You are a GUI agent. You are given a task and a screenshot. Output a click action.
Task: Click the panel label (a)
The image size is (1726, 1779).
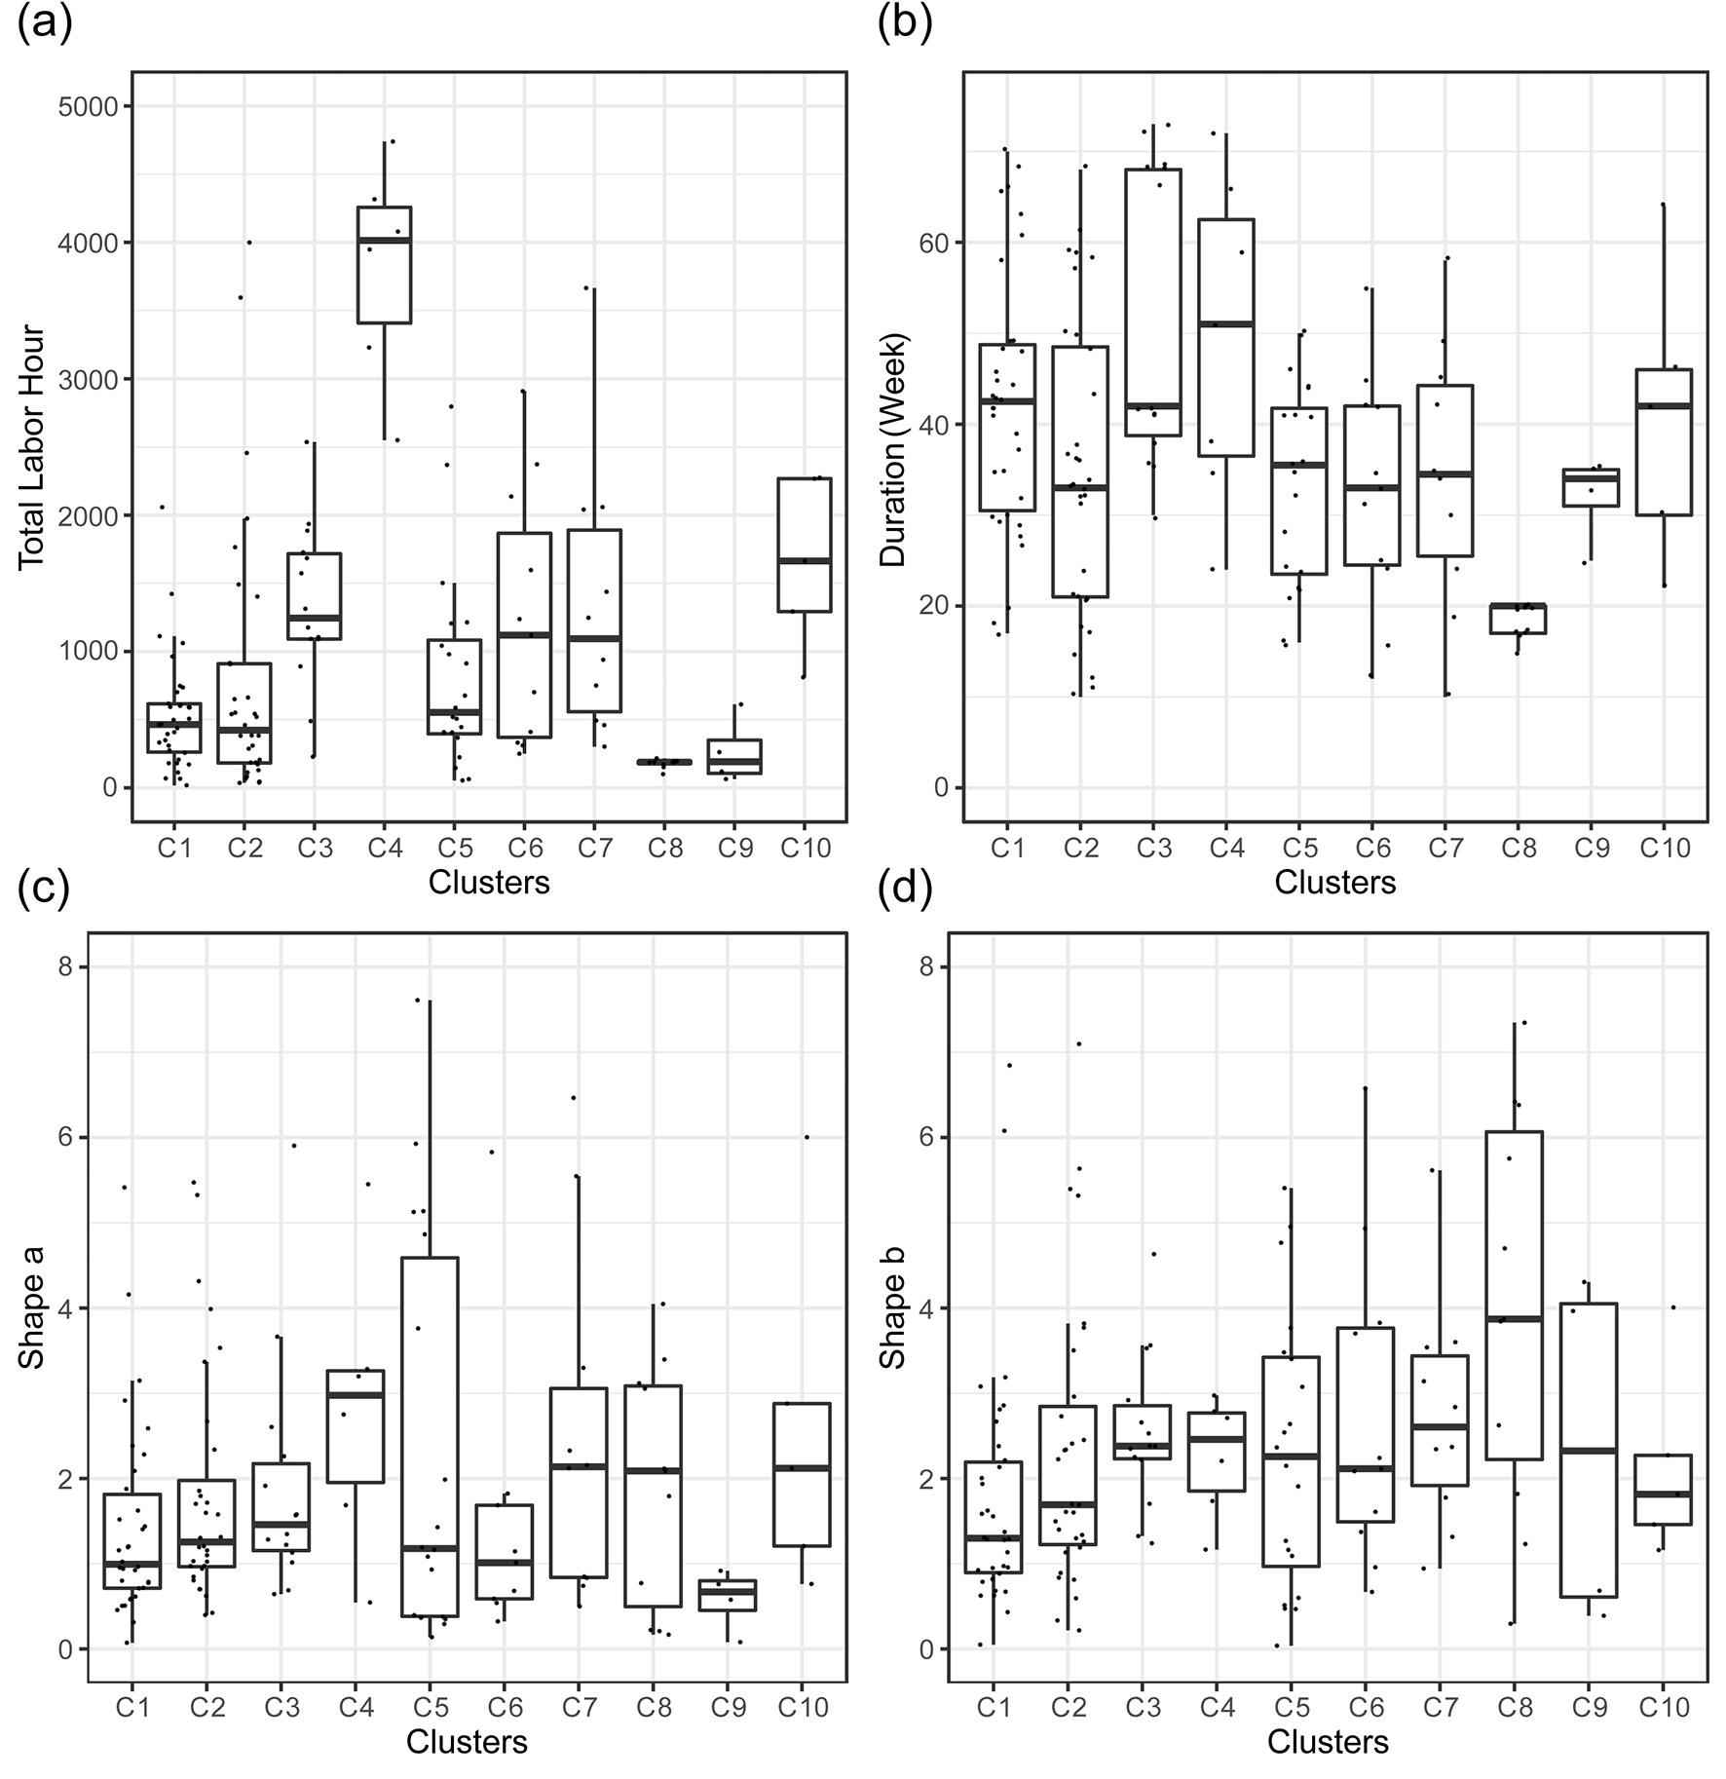[x=45, y=23]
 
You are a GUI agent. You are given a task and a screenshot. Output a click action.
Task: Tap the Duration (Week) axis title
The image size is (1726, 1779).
[x=893, y=449]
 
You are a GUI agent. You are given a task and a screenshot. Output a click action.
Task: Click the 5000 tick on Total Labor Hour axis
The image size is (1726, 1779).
[x=89, y=106]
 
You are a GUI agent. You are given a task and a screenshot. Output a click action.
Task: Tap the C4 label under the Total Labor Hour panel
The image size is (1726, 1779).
[x=385, y=848]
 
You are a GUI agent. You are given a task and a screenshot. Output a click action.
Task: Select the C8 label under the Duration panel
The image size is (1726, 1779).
[x=1519, y=848]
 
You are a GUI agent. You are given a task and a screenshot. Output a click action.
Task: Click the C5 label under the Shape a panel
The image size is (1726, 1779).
[x=431, y=1707]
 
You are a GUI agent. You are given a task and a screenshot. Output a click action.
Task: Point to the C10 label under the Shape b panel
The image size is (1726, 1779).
[x=1666, y=1707]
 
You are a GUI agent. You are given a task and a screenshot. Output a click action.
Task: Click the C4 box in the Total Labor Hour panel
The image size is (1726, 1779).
[x=385, y=265]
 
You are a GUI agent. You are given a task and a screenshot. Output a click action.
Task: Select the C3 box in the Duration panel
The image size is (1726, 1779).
[x=1153, y=302]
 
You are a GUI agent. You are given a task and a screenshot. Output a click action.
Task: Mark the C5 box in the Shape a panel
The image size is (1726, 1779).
[x=431, y=1436]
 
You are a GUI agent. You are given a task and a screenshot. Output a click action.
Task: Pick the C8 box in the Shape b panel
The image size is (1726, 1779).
[x=1515, y=1295]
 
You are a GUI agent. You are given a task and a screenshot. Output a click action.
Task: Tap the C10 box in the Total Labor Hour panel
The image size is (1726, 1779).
[x=805, y=545]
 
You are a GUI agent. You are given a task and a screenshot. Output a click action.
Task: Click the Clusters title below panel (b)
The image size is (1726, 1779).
[x=1334, y=883]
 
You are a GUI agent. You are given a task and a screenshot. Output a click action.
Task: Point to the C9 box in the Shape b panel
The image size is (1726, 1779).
[x=1589, y=1449]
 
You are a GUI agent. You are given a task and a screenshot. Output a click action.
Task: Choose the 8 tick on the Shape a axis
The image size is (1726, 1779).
[x=66, y=967]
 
